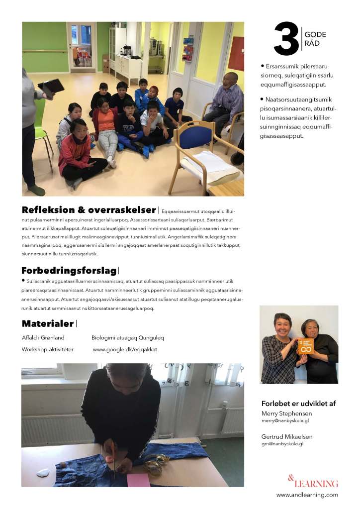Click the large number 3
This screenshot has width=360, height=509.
[x=286, y=39]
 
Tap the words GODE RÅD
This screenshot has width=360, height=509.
[x=315, y=39]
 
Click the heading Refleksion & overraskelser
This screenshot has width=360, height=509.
[x=89, y=210]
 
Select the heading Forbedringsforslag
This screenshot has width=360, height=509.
[x=69, y=271]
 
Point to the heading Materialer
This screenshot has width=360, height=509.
[x=48, y=324]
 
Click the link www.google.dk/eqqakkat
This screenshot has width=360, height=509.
[x=125, y=349]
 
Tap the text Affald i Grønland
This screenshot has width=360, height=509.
[x=43, y=337]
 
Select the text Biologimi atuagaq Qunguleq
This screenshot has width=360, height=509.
[x=128, y=337]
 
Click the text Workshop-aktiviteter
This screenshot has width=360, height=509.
[x=48, y=349]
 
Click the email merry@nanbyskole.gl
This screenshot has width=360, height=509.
[x=285, y=420]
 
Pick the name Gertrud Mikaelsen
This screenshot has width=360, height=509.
[x=287, y=436]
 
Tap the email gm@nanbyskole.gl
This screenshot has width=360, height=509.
[x=282, y=443]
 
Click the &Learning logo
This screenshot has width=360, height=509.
[x=313, y=482]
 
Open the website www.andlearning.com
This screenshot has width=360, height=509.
[x=307, y=495]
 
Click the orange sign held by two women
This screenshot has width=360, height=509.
[x=305, y=346]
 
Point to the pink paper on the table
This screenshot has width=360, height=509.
[x=138, y=480]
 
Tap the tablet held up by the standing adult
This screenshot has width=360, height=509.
[x=51, y=87]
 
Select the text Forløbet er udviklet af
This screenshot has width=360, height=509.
[x=298, y=403]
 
